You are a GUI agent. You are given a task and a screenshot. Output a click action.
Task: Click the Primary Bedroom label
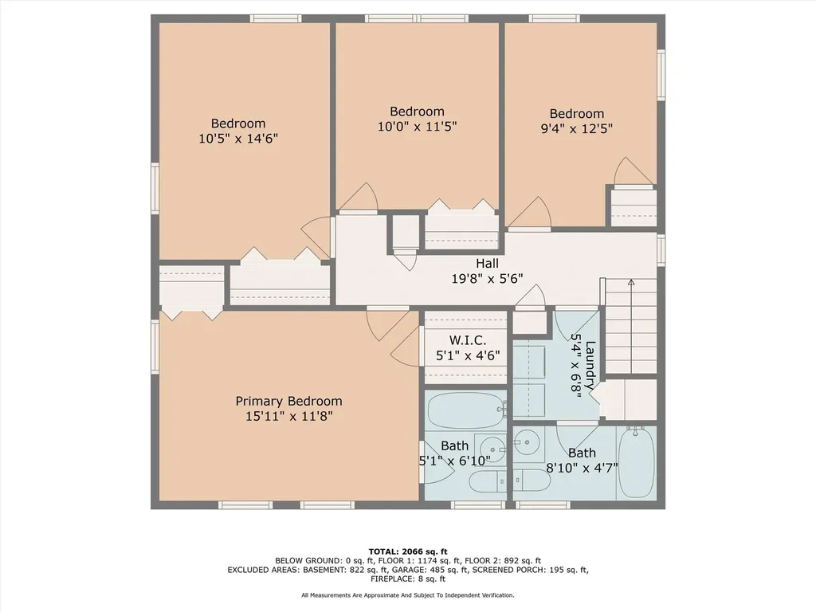pyautogui.click(x=288, y=402)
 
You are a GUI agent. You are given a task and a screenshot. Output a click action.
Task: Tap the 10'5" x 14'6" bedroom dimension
pyautogui.click(x=238, y=139)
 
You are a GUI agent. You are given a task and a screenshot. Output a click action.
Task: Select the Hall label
pyautogui.click(x=487, y=263)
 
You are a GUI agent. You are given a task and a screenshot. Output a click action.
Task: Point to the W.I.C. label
pyautogui.click(x=468, y=340)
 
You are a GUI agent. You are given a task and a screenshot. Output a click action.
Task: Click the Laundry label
pyautogui.click(x=590, y=365)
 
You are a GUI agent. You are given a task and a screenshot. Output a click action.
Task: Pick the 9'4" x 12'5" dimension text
pyautogui.click(x=577, y=128)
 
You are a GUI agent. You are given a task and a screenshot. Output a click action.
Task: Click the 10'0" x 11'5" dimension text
pyautogui.click(x=417, y=127)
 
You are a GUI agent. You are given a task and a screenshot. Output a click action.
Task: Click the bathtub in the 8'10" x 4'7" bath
pyautogui.click(x=637, y=463)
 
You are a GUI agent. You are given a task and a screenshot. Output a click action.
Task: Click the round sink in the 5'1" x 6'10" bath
pyautogui.click(x=492, y=449)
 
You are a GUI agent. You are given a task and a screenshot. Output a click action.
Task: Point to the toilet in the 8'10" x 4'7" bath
pyautogui.click(x=532, y=481)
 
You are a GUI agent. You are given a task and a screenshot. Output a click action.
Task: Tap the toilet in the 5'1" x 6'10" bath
pyautogui.click(x=488, y=481)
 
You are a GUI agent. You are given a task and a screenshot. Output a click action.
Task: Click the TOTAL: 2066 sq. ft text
pyautogui.click(x=408, y=551)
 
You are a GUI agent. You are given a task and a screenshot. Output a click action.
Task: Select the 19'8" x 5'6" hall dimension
pyautogui.click(x=487, y=278)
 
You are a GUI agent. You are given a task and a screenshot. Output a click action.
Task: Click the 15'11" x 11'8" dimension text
pyautogui.click(x=288, y=416)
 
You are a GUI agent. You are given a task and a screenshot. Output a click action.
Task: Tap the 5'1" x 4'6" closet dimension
pyautogui.click(x=468, y=355)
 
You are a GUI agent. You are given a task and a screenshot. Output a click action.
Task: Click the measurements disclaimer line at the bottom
pyautogui.click(x=408, y=595)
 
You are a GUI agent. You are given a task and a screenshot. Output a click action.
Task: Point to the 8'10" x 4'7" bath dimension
pyautogui.click(x=582, y=468)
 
